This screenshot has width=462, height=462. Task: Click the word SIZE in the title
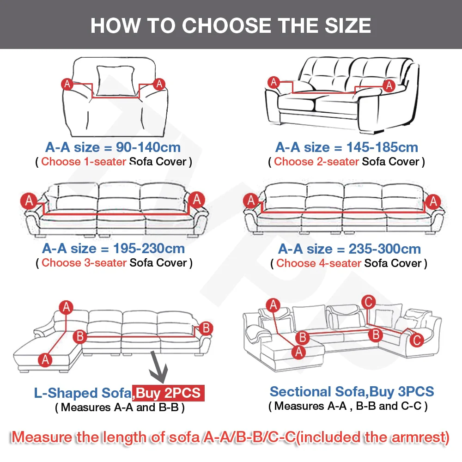pos(348,25)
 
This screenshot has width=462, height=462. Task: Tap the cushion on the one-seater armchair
pos(115,81)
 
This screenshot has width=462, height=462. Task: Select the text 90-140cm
pos(148,147)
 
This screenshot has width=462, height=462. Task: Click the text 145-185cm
pos(382,147)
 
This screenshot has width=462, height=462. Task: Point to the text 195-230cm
pos(149,249)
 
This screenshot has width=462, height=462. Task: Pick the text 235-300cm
pos(384,249)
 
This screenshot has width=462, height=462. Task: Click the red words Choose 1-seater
pos(84,162)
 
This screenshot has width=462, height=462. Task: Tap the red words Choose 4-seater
pos(319,263)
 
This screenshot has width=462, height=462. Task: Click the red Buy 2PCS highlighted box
pos(168,393)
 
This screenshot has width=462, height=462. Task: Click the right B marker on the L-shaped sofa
pos(206,328)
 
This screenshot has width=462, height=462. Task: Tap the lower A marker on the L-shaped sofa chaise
pos(45,360)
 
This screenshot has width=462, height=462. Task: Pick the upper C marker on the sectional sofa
pos(368,302)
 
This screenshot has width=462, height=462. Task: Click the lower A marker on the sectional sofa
pos(299,352)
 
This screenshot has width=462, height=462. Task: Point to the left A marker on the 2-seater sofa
pos(274,82)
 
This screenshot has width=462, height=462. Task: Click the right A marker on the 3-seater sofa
pos(196,200)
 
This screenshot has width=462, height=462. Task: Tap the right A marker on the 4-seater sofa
pos(433,202)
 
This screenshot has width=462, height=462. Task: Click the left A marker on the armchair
pos(67,84)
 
